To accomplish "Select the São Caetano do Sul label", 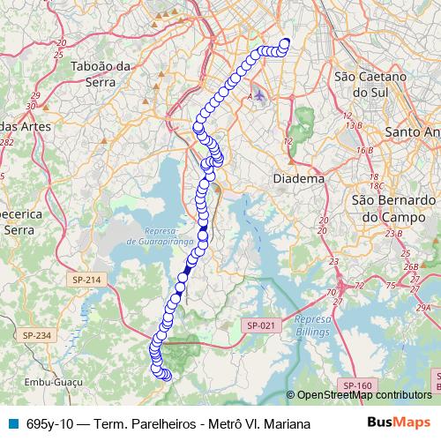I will pos(370,84).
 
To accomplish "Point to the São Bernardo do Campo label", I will pos(390,207).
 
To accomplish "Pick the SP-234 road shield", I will pos(38,335).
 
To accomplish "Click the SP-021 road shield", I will pos(261,325).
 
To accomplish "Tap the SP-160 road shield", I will pos(357,385).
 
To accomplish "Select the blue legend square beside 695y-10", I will pos(11,423).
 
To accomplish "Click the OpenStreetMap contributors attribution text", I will pos(363,396).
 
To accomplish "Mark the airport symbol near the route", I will pos(258,94).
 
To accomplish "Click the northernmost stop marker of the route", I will pos(285,41).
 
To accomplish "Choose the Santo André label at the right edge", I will pos(413,131).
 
